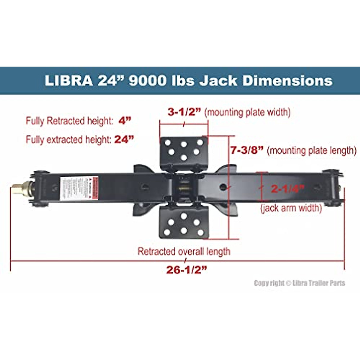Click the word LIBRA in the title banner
(x=68, y=81)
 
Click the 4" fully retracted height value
(x=125, y=121)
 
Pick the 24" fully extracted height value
(x=124, y=139)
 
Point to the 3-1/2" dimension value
(x=184, y=112)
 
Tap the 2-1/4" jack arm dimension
(x=287, y=189)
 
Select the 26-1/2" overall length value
(x=187, y=270)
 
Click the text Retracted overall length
(x=184, y=251)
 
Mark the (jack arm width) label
(x=291, y=208)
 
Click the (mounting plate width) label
(x=247, y=112)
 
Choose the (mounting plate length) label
(x=311, y=150)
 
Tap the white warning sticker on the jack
(x=79, y=188)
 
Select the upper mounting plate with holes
(x=184, y=151)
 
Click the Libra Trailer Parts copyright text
(x=299, y=283)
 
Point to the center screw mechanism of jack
(x=184, y=189)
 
